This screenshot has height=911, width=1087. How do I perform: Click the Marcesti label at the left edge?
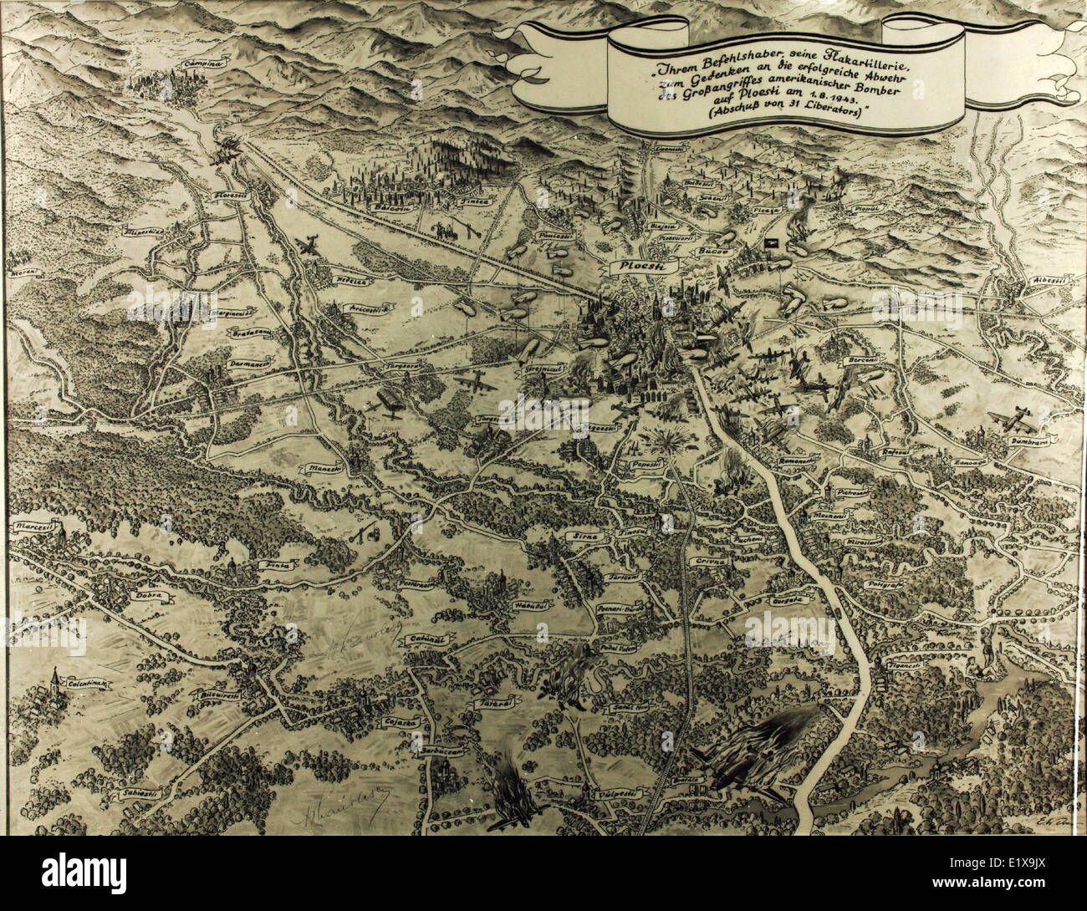tap(33, 529)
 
